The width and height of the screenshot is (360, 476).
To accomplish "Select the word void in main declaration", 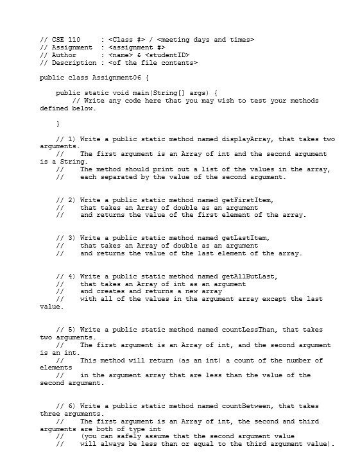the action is pos(119,92).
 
